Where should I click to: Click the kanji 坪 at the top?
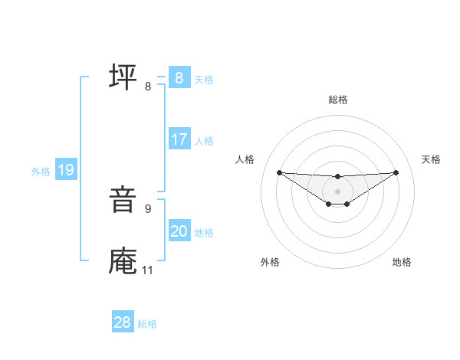tap(123, 77)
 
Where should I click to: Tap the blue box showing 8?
tap(179, 77)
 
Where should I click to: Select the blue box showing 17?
tap(179, 139)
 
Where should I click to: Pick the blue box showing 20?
tap(179, 231)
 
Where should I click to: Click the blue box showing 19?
tap(65, 170)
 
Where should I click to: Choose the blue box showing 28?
tap(122, 322)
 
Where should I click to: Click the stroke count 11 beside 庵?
tap(147, 270)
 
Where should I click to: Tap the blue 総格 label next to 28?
tap(147, 324)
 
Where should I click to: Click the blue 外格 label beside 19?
tap(41, 172)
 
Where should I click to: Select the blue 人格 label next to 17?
tap(204, 141)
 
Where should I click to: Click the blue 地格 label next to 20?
tap(204, 233)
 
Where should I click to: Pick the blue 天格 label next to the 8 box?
tap(204, 79)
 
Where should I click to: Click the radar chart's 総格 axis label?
tap(338, 100)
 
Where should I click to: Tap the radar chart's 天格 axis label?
tap(432, 159)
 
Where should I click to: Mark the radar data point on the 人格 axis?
tap(279, 172)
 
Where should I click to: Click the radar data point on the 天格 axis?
tap(396, 172)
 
